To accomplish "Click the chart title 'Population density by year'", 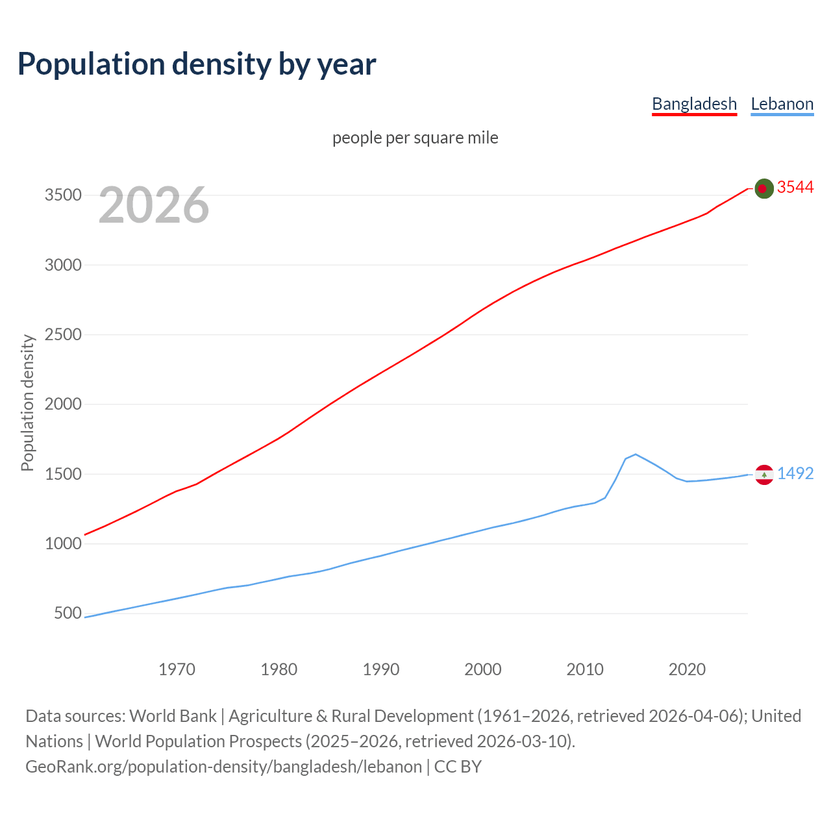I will click(x=197, y=64).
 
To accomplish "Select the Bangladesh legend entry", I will click(x=694, y=104).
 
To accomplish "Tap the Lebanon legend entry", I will click(x=782, y=104).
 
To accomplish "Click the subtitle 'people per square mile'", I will click(x=415, y=138).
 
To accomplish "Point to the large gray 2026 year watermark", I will click(x=154, y=205).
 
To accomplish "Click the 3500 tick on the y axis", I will click(x=63, y=195).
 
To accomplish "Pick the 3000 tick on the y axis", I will click(x=63, y=265).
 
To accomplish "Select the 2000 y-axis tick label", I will click(x=63, y=404).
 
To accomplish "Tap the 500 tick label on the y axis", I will click(x=68, y=614).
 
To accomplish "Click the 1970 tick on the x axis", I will click(x=177, y=669).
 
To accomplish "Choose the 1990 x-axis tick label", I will click(x=381, y=669).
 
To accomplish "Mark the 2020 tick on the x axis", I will click(x=687, y=669).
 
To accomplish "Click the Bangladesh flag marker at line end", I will click(x=764, y=188).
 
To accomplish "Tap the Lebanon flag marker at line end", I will click(x=764, y=475).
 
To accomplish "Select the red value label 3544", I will click(x=795, y=188).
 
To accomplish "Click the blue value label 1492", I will click(x=795, y=474).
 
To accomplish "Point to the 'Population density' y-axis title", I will click(x=27, y=403).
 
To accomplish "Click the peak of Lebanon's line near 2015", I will click(x=636, y=454).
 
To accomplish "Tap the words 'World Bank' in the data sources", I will click(x=173, y=716).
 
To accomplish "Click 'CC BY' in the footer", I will click(x=458, y=767).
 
